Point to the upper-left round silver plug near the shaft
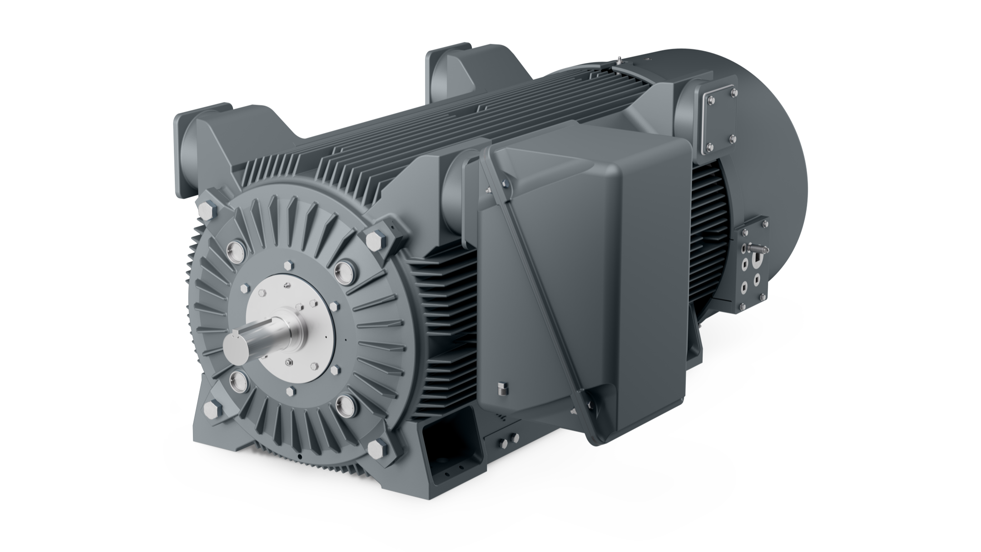tap(236, 248)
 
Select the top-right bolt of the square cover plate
tap(734, 93)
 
